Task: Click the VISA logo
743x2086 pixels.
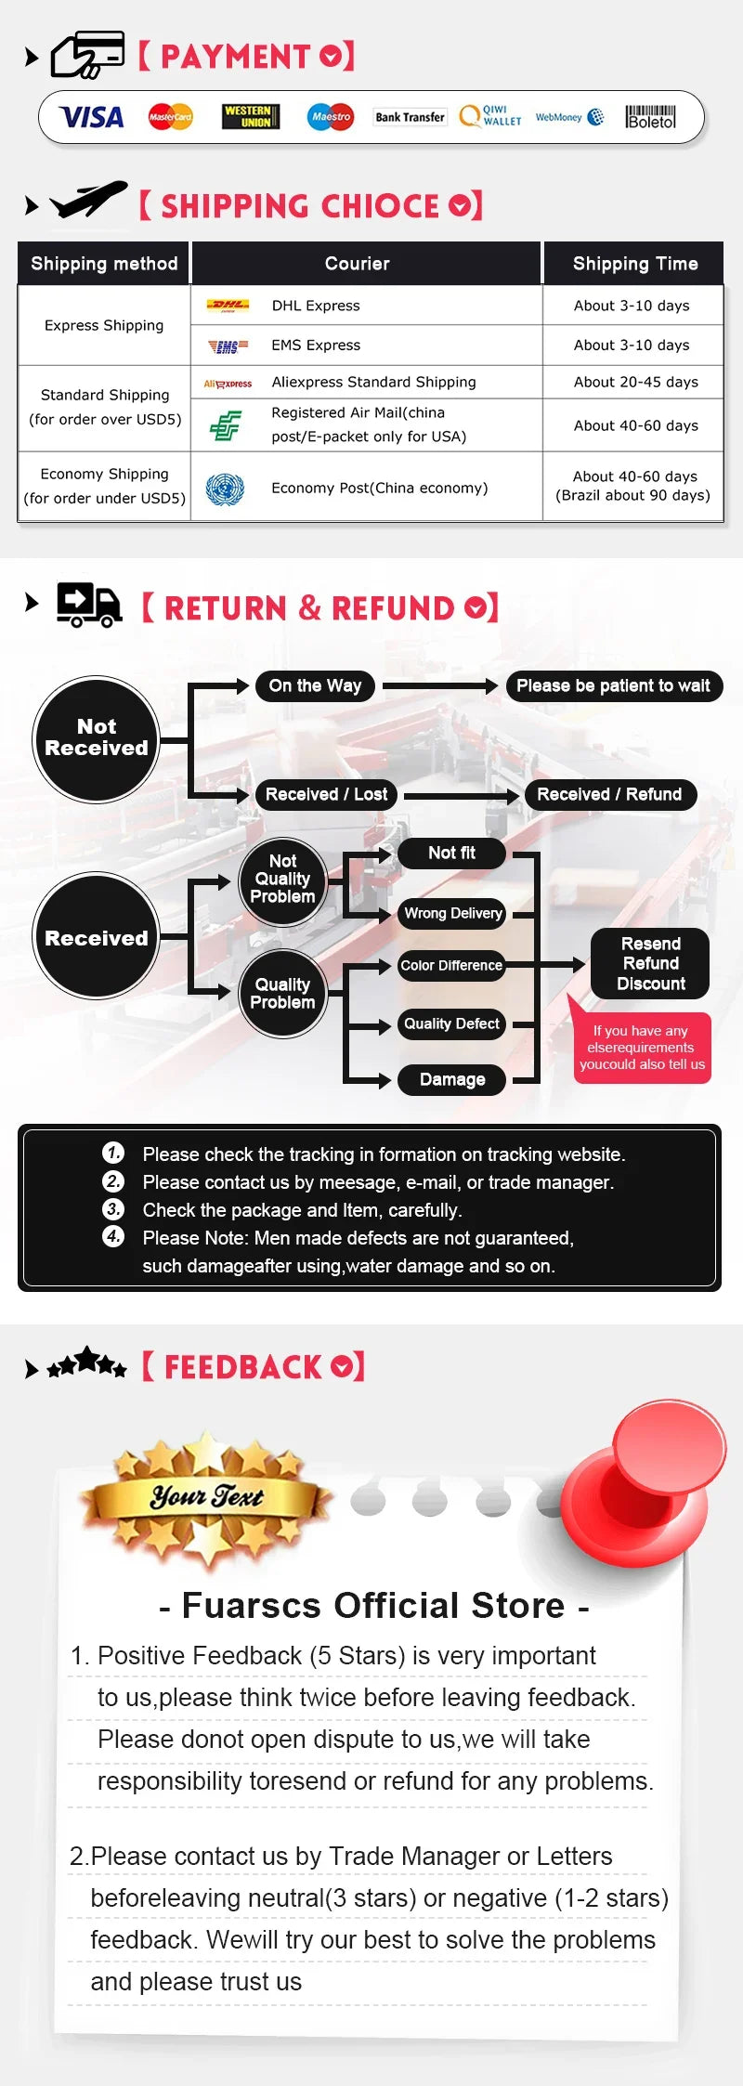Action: point(91,117)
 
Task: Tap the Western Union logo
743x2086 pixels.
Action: point(251,117)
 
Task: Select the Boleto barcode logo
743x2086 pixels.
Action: point(650,117)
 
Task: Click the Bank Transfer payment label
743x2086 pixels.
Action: point(410,117)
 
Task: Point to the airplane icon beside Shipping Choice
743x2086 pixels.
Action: point(88,200)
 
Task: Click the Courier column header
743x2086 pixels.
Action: point(358,264)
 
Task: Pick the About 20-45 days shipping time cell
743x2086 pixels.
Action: point(635,382)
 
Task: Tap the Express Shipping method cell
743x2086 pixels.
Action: point(104,325)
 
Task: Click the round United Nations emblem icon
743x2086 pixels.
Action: point(225,489)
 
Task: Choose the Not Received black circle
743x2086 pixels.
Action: point(97,738)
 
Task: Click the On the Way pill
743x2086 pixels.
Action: point(315,686)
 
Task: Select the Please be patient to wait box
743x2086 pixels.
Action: point(613,686)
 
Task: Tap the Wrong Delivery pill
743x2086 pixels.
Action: point(452,914)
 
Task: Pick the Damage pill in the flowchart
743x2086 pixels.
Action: point(452,1079)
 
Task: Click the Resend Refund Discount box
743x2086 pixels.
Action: point(650,964)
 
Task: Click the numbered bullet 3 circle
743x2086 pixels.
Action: point(113,1209)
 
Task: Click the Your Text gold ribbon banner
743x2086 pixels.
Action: point(206,1497)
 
